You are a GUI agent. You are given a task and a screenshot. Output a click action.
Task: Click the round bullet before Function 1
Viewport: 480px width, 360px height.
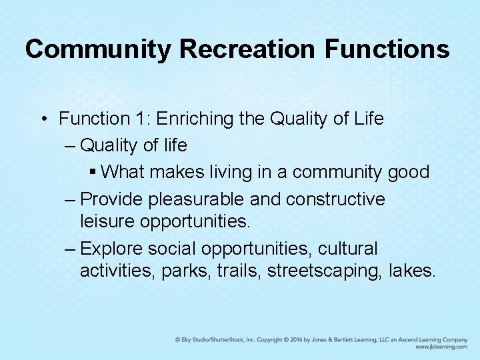point(43,119)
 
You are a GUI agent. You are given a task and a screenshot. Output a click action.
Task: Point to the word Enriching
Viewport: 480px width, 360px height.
point(194,119)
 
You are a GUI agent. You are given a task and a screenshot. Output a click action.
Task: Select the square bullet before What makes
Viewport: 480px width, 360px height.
point(93,172)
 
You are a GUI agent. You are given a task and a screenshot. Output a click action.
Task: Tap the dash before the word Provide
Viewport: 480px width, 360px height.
point(71,199)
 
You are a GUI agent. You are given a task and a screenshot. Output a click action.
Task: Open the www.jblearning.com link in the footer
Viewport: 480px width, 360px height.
point(441,347)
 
